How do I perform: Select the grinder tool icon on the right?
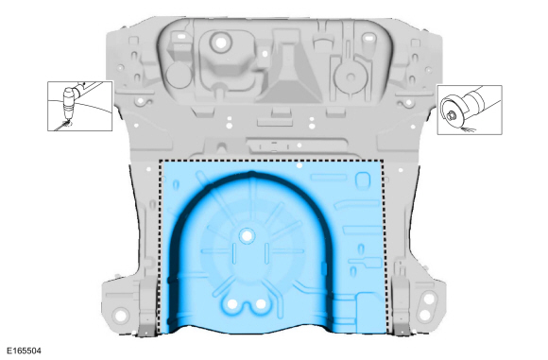[469, 109]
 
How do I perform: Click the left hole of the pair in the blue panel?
[232, 305]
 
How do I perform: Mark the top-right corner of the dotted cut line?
[385, 162]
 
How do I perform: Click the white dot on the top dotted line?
[299, 164]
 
